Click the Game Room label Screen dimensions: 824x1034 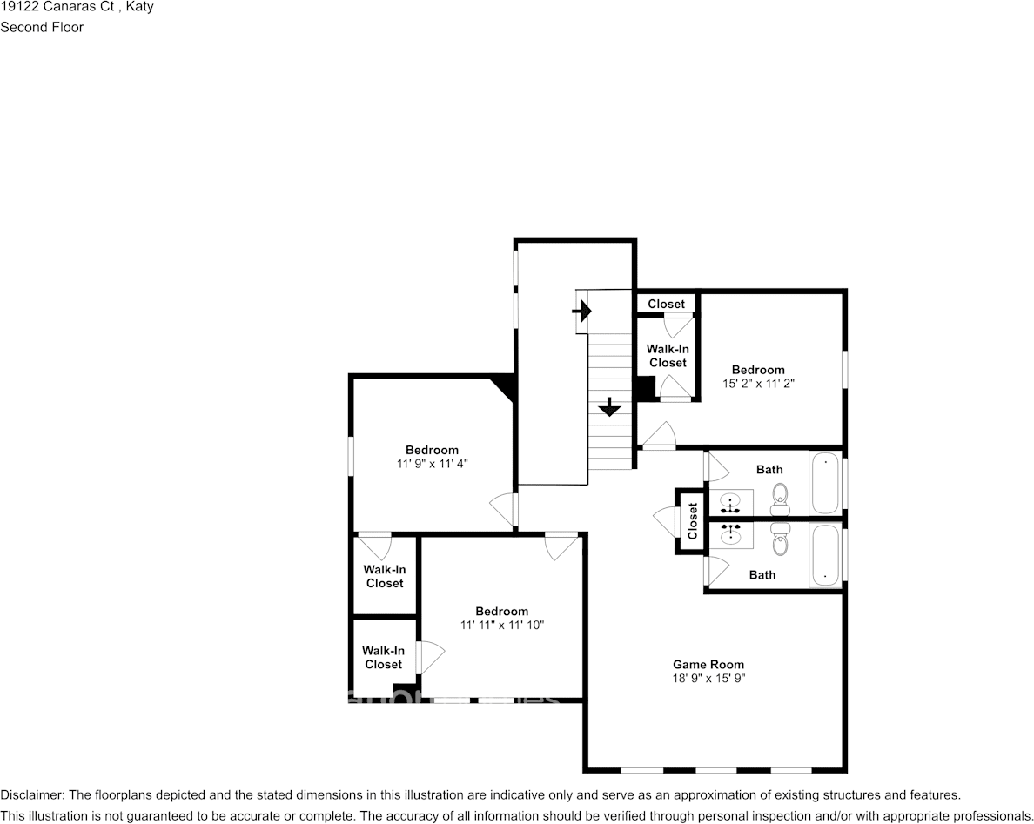(x=708, y=665)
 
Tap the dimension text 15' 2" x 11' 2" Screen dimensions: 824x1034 (x=758, y=383)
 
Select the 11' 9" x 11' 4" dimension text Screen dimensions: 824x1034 (x=432, y=464)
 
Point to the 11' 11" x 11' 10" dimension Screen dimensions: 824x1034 (x=501, y=625)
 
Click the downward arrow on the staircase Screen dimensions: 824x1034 (x=609, y=406)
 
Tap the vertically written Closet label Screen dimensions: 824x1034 (x=693, y=521)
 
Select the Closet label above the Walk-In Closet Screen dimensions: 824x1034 (x=666, y=304)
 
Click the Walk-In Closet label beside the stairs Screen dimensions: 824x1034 (x=668, y=356)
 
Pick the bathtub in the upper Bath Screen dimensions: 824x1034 (x=825, y=483)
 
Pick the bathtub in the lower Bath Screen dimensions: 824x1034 (x=825, y=555)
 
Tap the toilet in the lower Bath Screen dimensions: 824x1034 (x=780, y=541)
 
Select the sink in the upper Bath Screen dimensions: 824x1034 (x=730, y=503)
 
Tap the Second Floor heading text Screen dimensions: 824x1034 (x=42, y=27)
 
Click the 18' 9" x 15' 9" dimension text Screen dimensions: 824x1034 (x=708, y=679)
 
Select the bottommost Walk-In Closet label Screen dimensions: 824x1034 (x=383, y=657)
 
